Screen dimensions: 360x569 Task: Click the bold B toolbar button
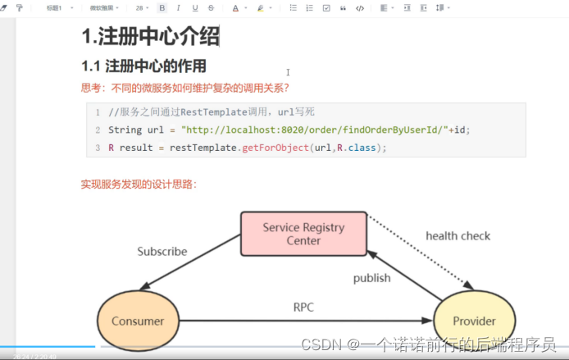(x=162, y=7)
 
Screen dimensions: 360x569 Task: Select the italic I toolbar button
(x=178, y=7)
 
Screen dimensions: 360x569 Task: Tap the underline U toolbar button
(x=195, y=7)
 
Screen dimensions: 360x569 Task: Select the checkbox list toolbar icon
(x=326, y=7)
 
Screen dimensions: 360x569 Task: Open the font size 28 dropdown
(x=141, y=7)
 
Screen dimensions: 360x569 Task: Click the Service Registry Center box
(x=303, y=233)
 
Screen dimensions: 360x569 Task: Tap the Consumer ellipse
(x=138, y=321)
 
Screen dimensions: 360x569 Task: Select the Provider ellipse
(x=475, y=321)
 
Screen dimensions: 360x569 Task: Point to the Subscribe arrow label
(x=162, y=252)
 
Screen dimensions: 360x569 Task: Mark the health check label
(x=457, y=236)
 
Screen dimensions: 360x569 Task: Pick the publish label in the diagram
(x=371, y=278)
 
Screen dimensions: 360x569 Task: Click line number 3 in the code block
(x=98, y=148)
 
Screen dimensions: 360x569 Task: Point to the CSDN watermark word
(x=321, y=345)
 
